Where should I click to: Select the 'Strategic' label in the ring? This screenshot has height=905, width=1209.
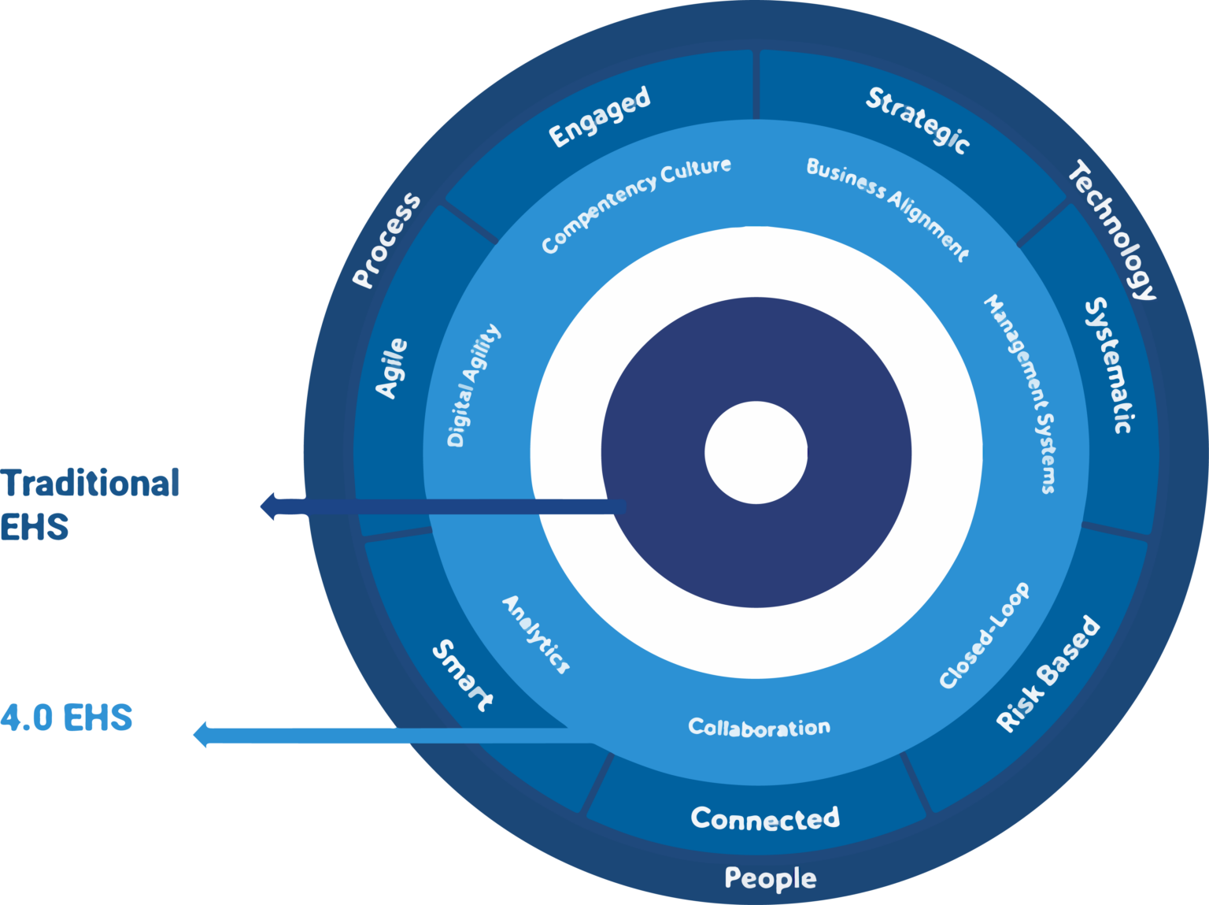coord(918,120)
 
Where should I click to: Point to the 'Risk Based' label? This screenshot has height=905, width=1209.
coord(1047,674)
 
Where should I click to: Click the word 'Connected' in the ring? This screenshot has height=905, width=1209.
coord(765,818)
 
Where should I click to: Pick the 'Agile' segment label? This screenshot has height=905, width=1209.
coord(391,368)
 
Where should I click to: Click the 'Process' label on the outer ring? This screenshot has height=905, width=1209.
coord(386,239)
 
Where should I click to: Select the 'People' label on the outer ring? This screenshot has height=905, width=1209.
coord(770,877)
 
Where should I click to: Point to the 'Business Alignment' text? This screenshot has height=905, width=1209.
coord(888,208)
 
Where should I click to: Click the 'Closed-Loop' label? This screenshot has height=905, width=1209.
coord(985,636)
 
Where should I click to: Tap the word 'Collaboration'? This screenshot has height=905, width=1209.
coord(759,727)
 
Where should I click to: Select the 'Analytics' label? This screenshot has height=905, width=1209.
coord(536,635)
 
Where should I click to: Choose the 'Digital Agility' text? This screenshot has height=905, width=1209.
coord(473,385)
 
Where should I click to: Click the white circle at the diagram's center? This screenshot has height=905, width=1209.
coord(756,452)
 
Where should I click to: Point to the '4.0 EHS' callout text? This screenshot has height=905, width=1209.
coord(66,718)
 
